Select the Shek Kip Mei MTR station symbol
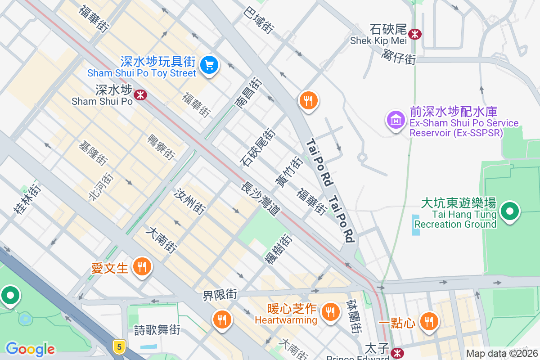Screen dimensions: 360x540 414,34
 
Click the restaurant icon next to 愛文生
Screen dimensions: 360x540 142,267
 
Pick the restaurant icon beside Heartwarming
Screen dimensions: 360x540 330,311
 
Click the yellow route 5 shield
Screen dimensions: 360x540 118,346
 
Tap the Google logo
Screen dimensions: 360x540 30,349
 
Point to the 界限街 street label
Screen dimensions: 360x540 220,295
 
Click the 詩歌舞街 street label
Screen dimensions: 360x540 157,330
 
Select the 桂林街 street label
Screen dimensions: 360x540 27,198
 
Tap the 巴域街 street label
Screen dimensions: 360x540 259,20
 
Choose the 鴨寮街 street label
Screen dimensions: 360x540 161,147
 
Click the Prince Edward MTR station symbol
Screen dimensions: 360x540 397,353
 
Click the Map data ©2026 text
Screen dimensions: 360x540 502,354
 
